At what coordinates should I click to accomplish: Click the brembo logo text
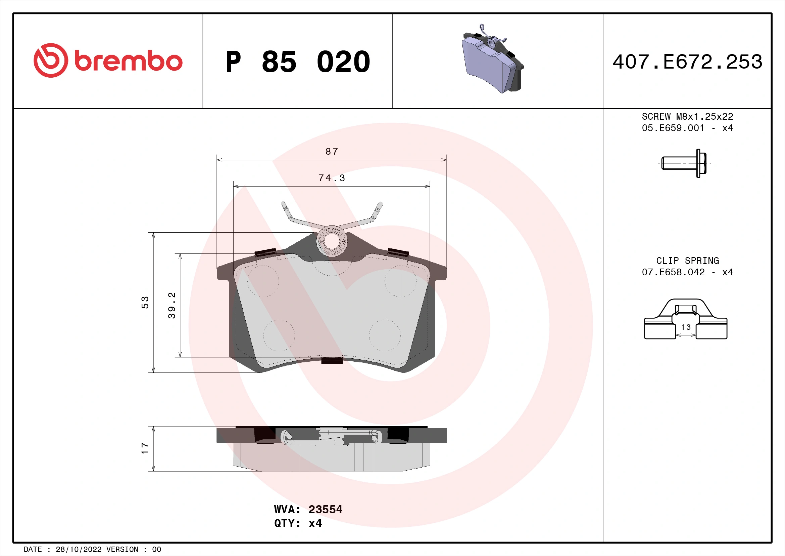[x=128, y=61]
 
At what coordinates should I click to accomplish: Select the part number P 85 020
[x=297, y=62]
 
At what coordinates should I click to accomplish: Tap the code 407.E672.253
[x=687, y=62]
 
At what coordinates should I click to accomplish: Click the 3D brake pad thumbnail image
[x=492, y=60]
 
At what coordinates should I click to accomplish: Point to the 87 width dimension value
[x=331, y=151]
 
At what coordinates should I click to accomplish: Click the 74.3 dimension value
[x=331, y=178]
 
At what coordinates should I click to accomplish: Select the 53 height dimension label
[x=145, y=303]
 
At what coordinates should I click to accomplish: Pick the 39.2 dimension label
[x=171, y=305]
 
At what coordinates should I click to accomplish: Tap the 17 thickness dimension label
[x=145, y=448]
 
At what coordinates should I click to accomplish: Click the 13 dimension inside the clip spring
[x=686, y=327]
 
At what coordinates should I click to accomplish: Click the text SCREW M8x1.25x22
[x=687, y=117]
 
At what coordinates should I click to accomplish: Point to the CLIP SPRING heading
[x=687, y=261]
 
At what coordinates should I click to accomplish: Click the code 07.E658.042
[x=673, y=272]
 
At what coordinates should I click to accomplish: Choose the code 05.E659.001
[x=673, y=128]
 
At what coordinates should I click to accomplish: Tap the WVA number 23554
[x=325, y=509]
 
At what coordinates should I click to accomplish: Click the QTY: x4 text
[x=298, y=523]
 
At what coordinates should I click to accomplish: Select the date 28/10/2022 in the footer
[x=78, y=550]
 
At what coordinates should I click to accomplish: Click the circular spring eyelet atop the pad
[x=331, y=241]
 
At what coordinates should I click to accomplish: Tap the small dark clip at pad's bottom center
[x=332, y=360]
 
